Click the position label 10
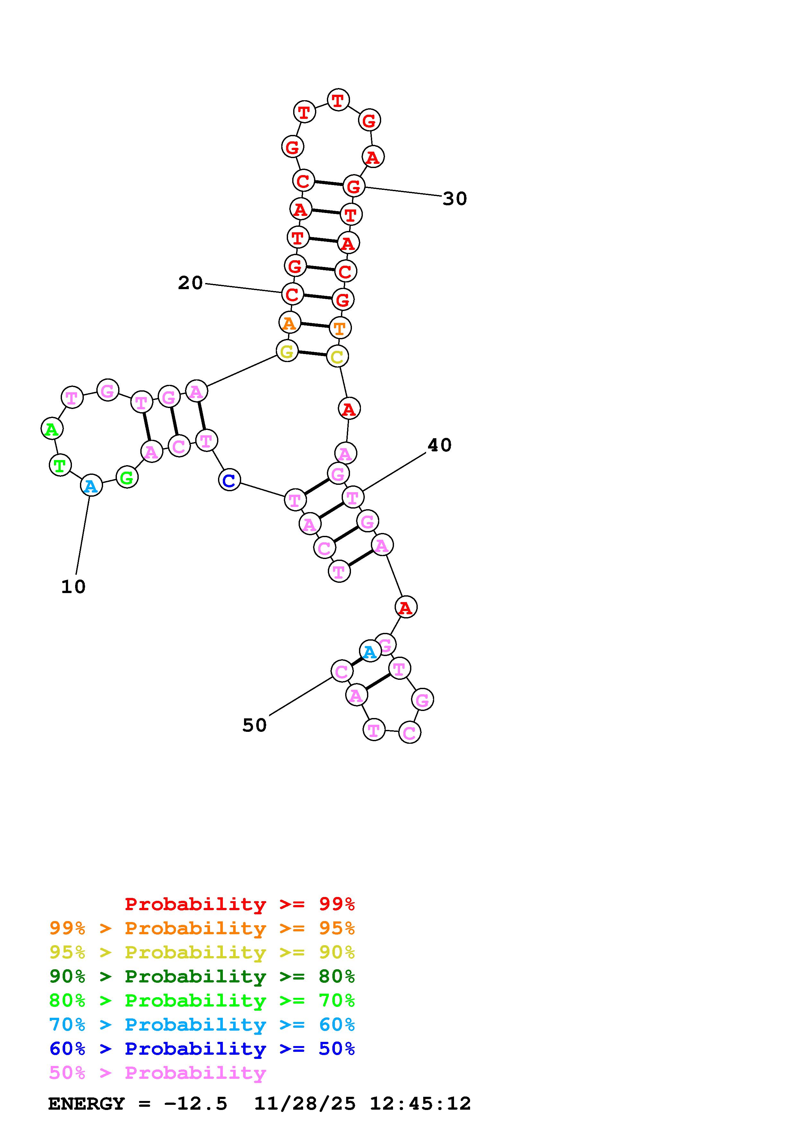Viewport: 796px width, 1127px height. [74, 587]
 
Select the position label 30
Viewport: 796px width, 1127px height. [455, 199]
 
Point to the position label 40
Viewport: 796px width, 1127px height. [440, 445]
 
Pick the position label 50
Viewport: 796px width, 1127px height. [255, 725]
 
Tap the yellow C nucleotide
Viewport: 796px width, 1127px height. [337, 356]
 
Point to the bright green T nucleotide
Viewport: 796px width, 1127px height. [60, 465]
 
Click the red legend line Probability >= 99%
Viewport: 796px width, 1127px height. [240, 904]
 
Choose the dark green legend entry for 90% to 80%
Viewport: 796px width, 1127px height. [202, 976]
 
